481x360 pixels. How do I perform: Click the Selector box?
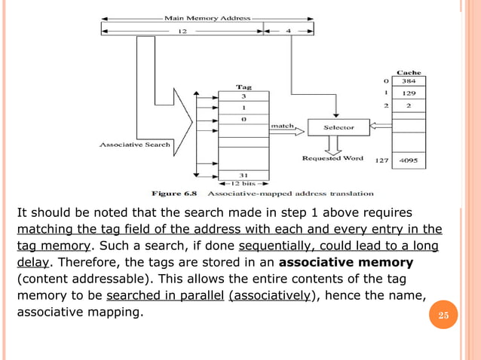click(x=339, y=128)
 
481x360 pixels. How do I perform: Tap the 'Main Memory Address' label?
click(x=207, y=16)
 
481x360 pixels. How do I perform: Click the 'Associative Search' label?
click(x=130, y=143)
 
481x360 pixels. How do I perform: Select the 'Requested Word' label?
click(x=332, y=158)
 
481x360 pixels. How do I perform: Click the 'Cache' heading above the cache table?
click(x=409, y=72)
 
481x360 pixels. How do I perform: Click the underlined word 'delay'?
click(x=32, y=263)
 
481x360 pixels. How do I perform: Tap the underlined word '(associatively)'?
click(x=270, y=296)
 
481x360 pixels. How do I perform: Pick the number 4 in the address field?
click(x=290, y=32)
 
